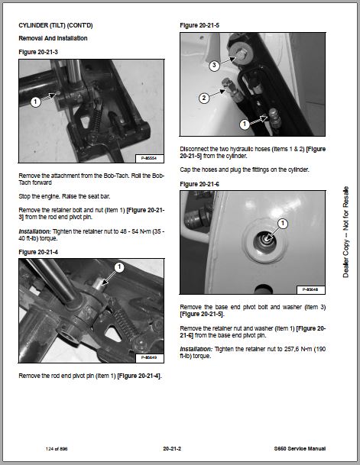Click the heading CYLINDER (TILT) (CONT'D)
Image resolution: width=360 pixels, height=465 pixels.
(x=56, y=25)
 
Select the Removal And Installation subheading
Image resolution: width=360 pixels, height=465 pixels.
(x=53, y=38)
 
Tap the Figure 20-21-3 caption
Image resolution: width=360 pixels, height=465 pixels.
(x=38, y=52)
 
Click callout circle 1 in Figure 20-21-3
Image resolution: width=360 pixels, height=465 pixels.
(x=36, y=102)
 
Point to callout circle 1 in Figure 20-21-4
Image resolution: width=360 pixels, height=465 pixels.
(x=119, y=267)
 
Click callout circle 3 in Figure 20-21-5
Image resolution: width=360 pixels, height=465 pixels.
(x=214, y=65)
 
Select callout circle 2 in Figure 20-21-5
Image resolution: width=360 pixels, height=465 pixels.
(x=204, y=98)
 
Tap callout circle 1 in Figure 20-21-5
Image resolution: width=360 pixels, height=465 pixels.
(x=245, y=124)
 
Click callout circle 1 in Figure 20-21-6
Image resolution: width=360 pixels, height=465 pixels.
(x=283, y=223)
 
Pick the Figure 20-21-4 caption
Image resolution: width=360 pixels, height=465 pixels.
(x=38, y=252)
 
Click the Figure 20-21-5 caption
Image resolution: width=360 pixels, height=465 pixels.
(x=199, y=25)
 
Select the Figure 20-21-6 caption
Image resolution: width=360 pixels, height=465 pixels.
(x=199, y=184)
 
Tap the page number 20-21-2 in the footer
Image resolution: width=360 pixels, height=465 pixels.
(x=172, y=449)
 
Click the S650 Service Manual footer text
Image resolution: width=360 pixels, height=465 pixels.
(x=300, y=449)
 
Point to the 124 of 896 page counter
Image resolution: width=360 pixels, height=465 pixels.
(x=57, y=449)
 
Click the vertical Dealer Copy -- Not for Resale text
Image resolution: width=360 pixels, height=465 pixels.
(x=345, y=232)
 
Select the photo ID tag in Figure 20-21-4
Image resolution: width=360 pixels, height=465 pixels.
(x=150, y=357)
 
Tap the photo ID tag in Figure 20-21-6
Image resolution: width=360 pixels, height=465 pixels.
(x=310, y=289)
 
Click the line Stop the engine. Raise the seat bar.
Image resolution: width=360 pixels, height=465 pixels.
(x=64, y=196)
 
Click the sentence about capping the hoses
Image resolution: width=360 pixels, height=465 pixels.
(x=245, y=170)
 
